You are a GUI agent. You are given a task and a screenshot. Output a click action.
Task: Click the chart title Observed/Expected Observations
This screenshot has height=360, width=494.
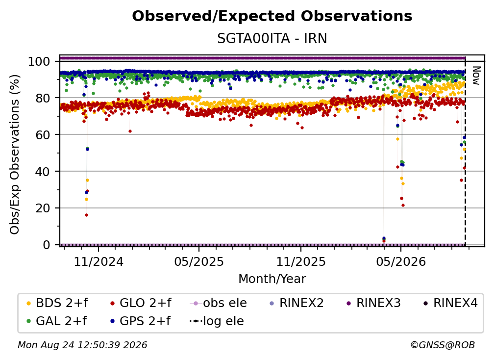pyautogui.click(x=272, y=16)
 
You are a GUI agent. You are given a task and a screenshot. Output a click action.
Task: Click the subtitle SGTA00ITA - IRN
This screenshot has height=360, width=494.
pyautogui.click(x=272, y=38)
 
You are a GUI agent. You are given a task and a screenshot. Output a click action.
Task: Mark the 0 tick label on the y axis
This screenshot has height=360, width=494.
pyautogui.click(x=47, y=245)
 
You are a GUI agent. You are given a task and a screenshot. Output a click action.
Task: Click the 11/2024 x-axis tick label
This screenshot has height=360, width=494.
pyautogui.click(x=99, y=261)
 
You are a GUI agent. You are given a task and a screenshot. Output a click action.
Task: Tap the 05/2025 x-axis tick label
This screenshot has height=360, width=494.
pyautogui.click(x=199, y=261)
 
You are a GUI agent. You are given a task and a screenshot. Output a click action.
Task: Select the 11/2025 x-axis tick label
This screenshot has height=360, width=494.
pyautogui.click(x=301, y=261)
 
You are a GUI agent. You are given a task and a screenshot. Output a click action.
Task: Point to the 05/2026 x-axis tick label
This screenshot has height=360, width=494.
pyautogui.click(x=401, y=261)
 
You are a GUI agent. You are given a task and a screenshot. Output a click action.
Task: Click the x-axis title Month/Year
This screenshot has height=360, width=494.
pyautogui.click(x=272, y=279)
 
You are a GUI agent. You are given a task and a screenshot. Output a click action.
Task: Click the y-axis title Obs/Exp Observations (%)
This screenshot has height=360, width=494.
pyautogui.click(x=15, y=154)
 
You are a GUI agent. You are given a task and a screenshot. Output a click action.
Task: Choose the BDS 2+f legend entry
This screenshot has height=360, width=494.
pyautogui.click(x=57, y=303)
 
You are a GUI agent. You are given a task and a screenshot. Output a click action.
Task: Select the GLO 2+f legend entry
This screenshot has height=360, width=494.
pyautogui.click(x=141, y=303)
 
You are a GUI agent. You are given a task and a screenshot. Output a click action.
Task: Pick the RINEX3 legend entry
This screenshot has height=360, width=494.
pyautogui.click(x=373, y=303)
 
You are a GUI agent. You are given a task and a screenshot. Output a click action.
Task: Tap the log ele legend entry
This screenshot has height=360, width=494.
pyautogui.click(x=217, y=321)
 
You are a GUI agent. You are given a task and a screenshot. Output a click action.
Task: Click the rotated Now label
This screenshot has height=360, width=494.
pyautogui.click(x=476, y=76)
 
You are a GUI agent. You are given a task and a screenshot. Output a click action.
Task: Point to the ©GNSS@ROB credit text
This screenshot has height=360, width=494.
pyautogui.click(x=443, y=345)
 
